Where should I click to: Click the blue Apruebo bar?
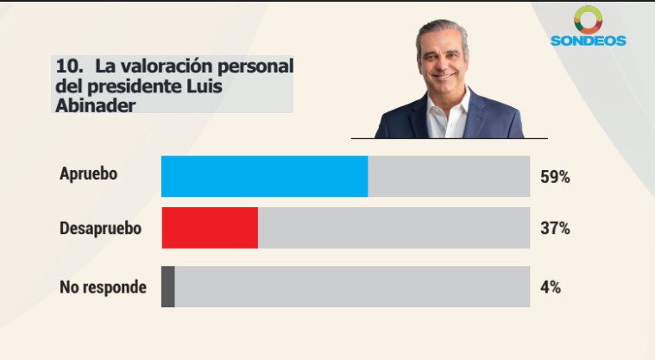264,177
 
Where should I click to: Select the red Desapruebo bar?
210,228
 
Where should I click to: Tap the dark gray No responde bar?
168,287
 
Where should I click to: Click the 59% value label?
555,177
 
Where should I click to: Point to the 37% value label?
555,229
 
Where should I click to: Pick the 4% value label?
551,287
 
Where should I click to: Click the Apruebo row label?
88,173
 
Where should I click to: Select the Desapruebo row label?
100,229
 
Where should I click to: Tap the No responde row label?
103,287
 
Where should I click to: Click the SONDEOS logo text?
588,41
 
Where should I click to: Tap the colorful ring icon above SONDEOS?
588,19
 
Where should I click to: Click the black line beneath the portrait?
449,138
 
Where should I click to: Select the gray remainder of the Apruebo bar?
449,177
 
